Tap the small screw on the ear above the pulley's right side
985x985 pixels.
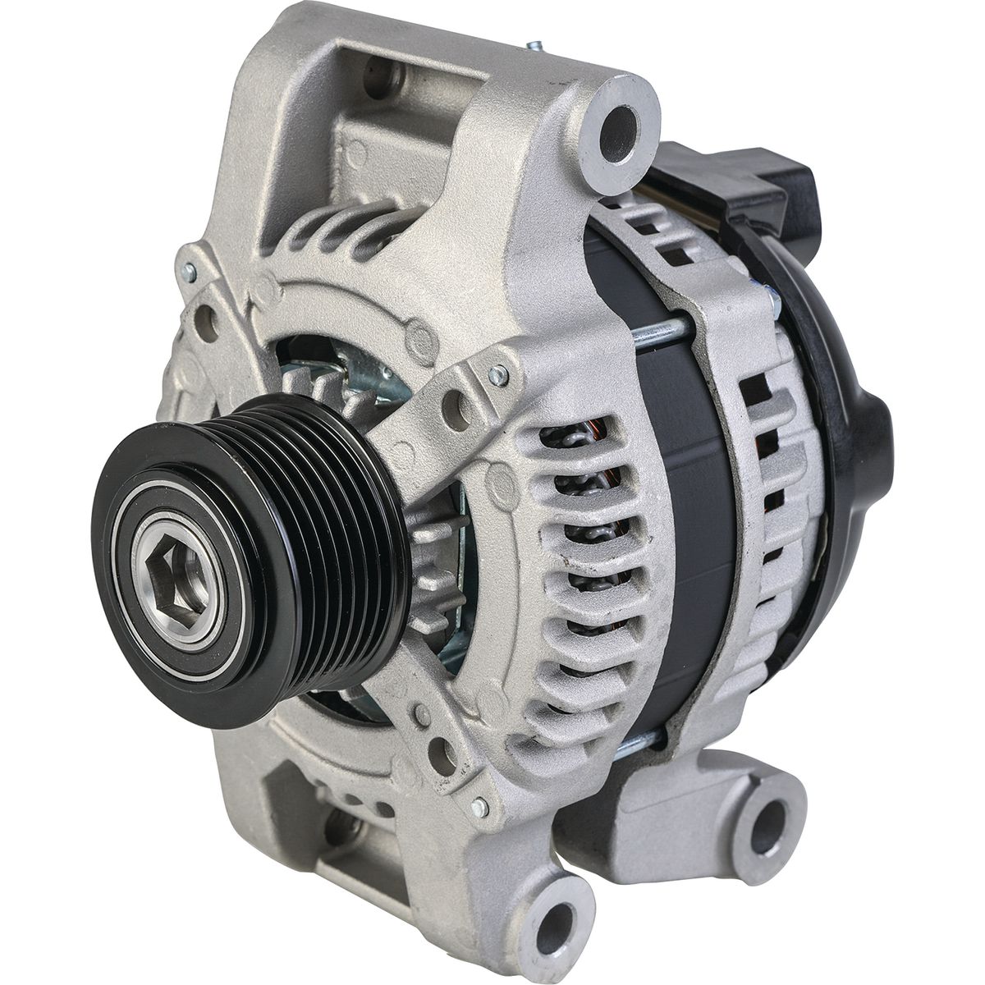click(x=493, y=376)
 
